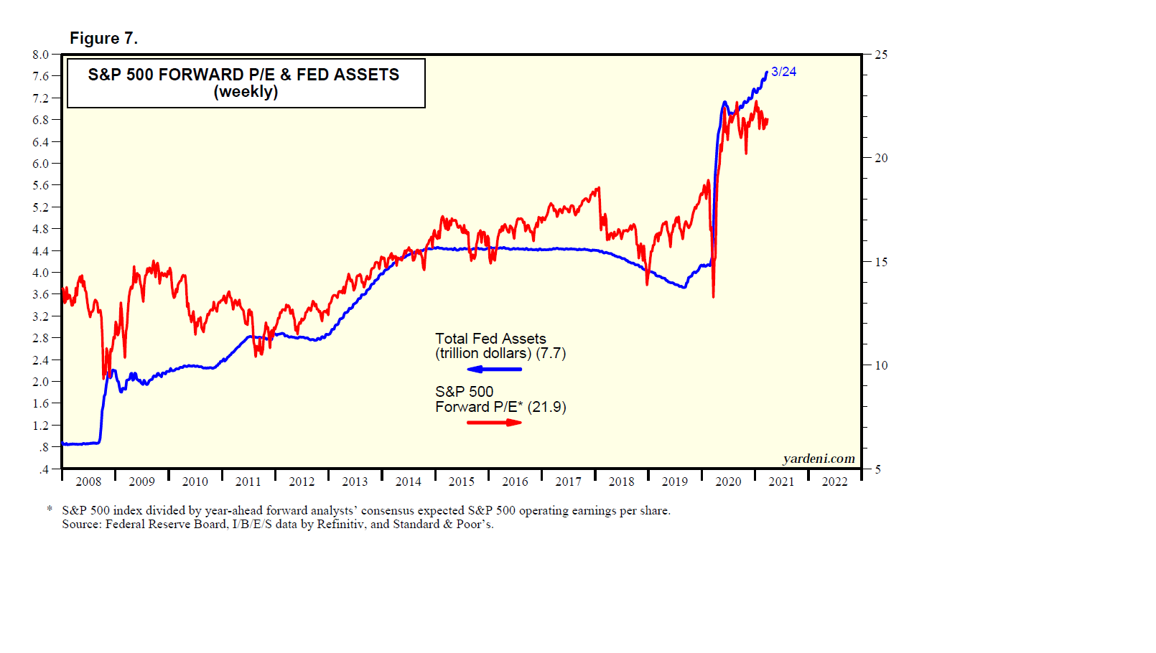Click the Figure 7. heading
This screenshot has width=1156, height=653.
[x=103, y=39]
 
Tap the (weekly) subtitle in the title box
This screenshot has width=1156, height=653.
[x=246, y=92]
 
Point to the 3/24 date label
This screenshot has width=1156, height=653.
[x=783, y=72]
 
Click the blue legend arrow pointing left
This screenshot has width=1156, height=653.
[x=494, y=370]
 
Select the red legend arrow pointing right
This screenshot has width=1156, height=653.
[x=495, y=422]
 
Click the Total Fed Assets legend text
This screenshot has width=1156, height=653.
[x=490, y=339]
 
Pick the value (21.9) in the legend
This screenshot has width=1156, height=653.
[x=546, y=407]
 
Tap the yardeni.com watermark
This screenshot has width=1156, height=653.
[x=819, y=459]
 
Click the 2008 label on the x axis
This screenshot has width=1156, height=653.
[x=88, y=481]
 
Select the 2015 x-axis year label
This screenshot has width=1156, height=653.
[x=462, y=481]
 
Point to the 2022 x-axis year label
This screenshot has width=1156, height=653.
[x=834, y=481]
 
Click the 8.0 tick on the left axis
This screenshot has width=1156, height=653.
[x=40, y=55]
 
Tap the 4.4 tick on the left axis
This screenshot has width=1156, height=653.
[x=40, y=251]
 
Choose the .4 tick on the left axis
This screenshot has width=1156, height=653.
[x=45, y=469]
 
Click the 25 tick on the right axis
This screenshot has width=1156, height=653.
[x=881, y=55]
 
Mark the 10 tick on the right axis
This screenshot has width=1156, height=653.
[x=881, y=365]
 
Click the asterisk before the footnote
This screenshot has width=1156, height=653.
[x=50, y=509]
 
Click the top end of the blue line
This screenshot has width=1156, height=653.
[x=766, y=72]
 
